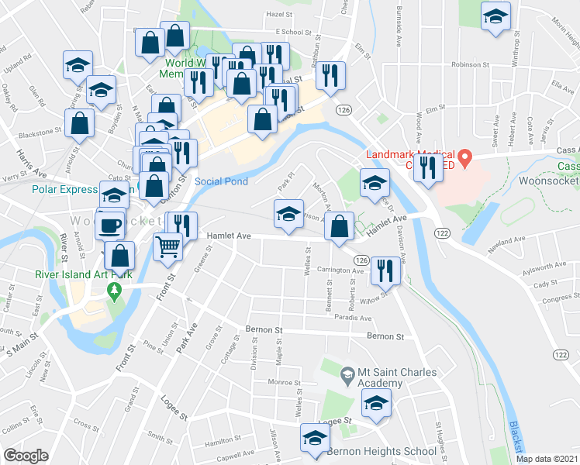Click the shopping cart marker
coord(168,247)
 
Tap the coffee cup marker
coord(109,226)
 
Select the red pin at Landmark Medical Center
coord(464,160)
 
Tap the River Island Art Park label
coord(83,274)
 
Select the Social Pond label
coord(221,181)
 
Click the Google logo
coord(26,456)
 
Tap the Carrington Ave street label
coord(335,271)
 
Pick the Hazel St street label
coord(279,14)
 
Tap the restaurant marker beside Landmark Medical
coord(427,169)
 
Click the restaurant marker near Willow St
coord(383,270)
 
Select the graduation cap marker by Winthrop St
coord(495,18)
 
